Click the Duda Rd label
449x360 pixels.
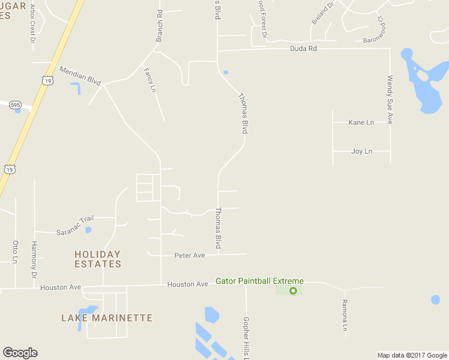pyautogui.click(x=303, y=49)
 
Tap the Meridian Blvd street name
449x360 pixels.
pyautogui.click(x=80, y=76)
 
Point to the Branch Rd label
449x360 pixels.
pyautogui.click(x=160, y=26)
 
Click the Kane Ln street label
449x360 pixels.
pyautogui.click(x=361, y=122)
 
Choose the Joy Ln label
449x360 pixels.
pyautogui.click(x=361, y=151)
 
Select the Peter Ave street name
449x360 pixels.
pyautogui.click(x=190, y=255)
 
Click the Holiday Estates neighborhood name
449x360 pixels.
pyautogui.click(x=98, y=259)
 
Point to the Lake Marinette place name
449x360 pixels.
pyautogui.click(x=107, y=318)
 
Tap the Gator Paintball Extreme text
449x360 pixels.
pyautogui.click(x=260, y=281)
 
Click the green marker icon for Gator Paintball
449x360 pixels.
pyautogui.click(x=293, y=291)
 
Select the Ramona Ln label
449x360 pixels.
pyautogui.click(x=345, y=315)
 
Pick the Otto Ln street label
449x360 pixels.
pyautogui.click(x=16, y=252)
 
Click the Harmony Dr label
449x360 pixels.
pyautogui.click(x=34, y=260)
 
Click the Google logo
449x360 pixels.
pyautogui.click(x=20, y=353)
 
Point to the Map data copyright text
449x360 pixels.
pyautogui.click(x=412, y=355)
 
